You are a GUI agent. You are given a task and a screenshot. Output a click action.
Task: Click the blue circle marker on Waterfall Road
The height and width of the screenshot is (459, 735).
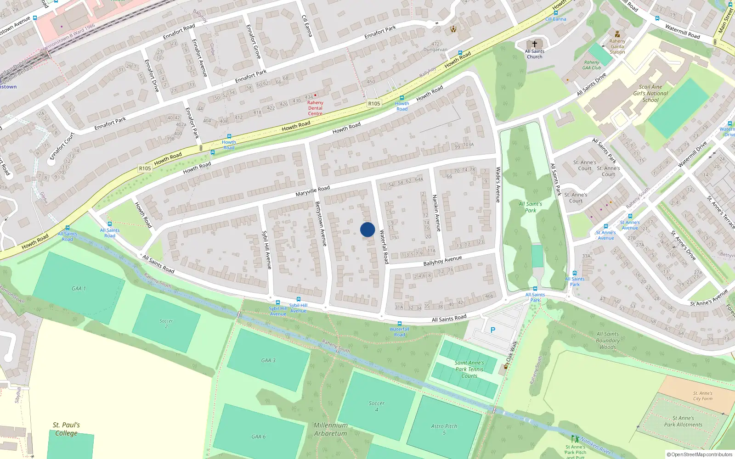point(367,229)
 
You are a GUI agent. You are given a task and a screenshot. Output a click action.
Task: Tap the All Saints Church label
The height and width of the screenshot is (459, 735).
point(534,54)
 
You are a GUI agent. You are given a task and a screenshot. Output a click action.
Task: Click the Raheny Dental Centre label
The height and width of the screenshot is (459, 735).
point(315,108)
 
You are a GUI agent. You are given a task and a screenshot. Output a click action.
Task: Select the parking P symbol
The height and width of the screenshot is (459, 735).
point(493,330)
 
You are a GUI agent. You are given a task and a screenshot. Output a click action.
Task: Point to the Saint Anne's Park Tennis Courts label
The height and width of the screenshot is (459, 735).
point(469,369)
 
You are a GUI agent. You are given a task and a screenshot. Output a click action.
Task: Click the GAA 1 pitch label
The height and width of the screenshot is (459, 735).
point(79,289)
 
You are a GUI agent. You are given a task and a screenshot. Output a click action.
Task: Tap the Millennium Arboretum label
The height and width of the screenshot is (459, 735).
point(331,429)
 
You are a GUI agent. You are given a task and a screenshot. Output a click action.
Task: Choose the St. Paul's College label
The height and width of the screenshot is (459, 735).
point(66,429)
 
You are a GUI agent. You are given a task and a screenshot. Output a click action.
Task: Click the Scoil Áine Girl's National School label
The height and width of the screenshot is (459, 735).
point(650,93)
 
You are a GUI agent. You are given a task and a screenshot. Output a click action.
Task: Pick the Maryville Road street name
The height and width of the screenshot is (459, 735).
point(312,191)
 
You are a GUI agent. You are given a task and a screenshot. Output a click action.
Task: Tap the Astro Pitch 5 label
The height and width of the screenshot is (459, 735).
point(444,429)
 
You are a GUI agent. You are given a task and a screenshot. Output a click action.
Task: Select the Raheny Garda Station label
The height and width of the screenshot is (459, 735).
point(617,46)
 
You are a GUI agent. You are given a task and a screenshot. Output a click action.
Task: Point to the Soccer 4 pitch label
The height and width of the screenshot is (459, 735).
point(377,406)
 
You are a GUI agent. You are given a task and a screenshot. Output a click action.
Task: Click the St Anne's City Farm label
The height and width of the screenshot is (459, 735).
point(703,396)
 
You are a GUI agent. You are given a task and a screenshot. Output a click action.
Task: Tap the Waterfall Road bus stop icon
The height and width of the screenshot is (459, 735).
point(399,324)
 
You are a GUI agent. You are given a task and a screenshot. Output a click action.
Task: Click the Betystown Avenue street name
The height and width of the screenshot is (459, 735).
point(321,224)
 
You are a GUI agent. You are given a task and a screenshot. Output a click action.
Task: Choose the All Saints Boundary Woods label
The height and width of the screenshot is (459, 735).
point(608,341)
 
